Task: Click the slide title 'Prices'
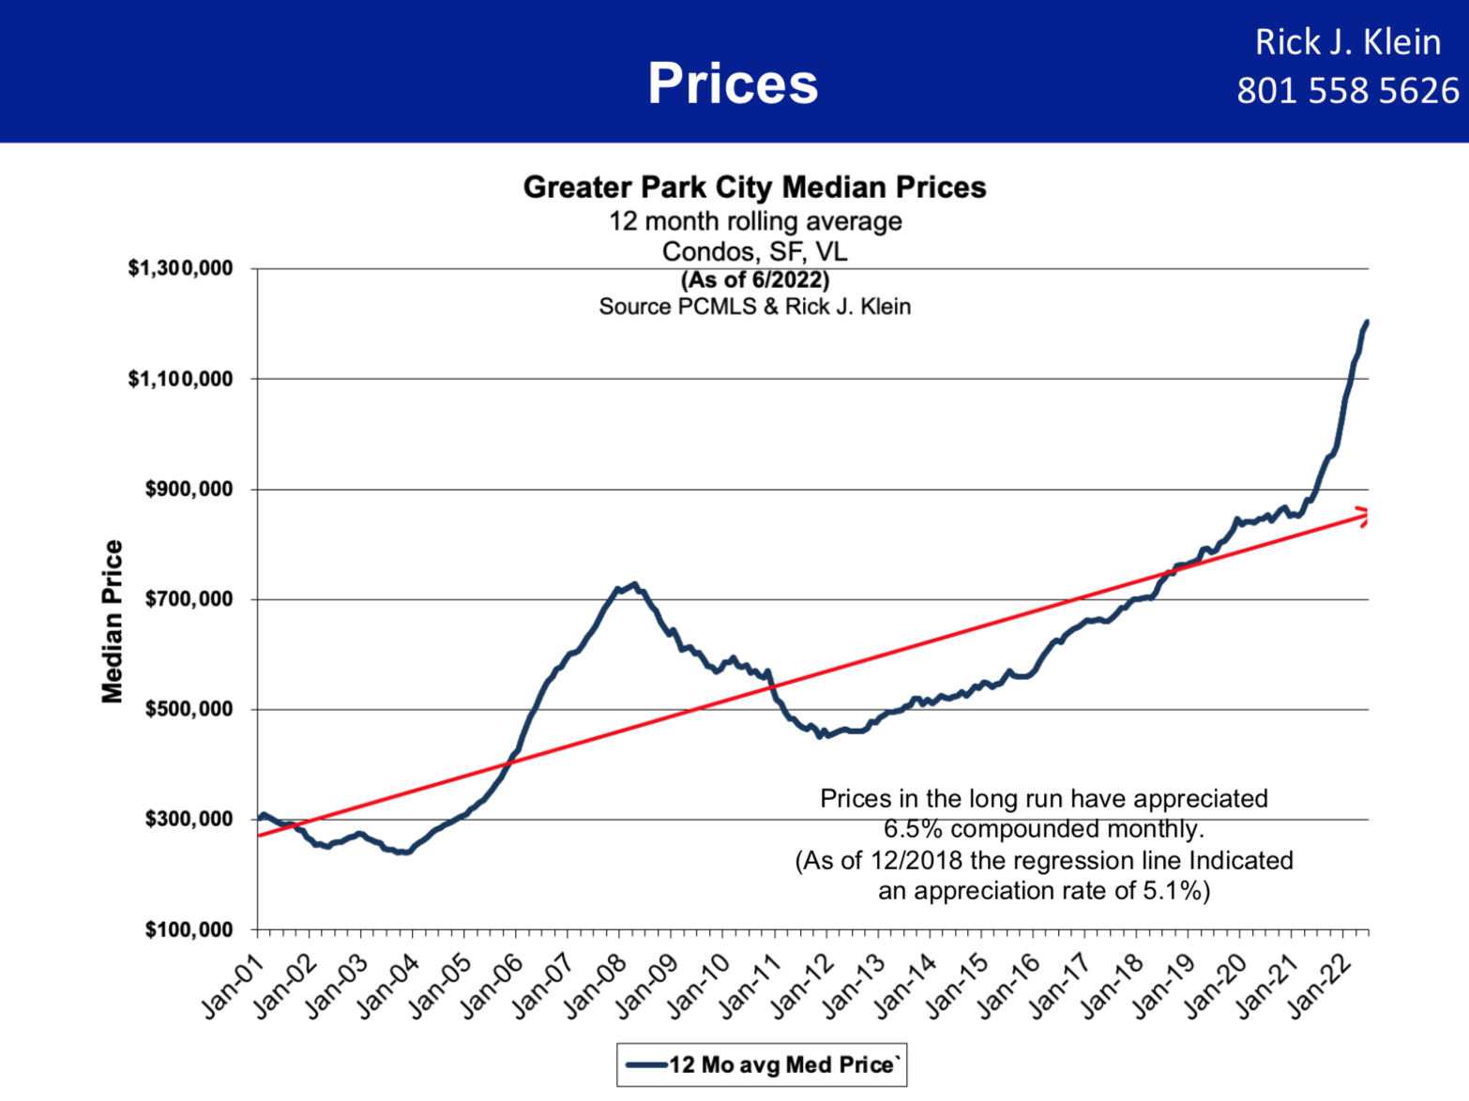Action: pyautogui.click(x=733, y=83)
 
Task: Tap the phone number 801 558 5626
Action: pyautogui.click(x=1347, y=91)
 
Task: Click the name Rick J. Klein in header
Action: pyautogui.click(x=1347, y=42)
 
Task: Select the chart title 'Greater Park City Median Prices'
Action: pyautogui.click(x=754, y=187)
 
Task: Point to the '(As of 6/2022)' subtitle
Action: pyautogui.click(x=755, y=279)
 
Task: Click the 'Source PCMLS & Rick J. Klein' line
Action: pyautogui.click(x=755, y=307)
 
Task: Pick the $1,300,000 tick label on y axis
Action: pyautogui.click(x=180, y=268)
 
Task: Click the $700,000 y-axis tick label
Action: pyautogui.click(x=189, y=599)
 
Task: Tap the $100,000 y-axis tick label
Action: pyautogui.click(x=189, y=929)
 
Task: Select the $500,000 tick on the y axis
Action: pyautogui.click(x=189, y=709)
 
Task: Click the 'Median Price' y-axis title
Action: pyautogui.click(x=113, y=621)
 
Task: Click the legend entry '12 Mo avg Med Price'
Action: pyautogui.click(x=762, y=1064)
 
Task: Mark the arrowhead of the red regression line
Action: pyautogui.click(x=1363, y=515)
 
